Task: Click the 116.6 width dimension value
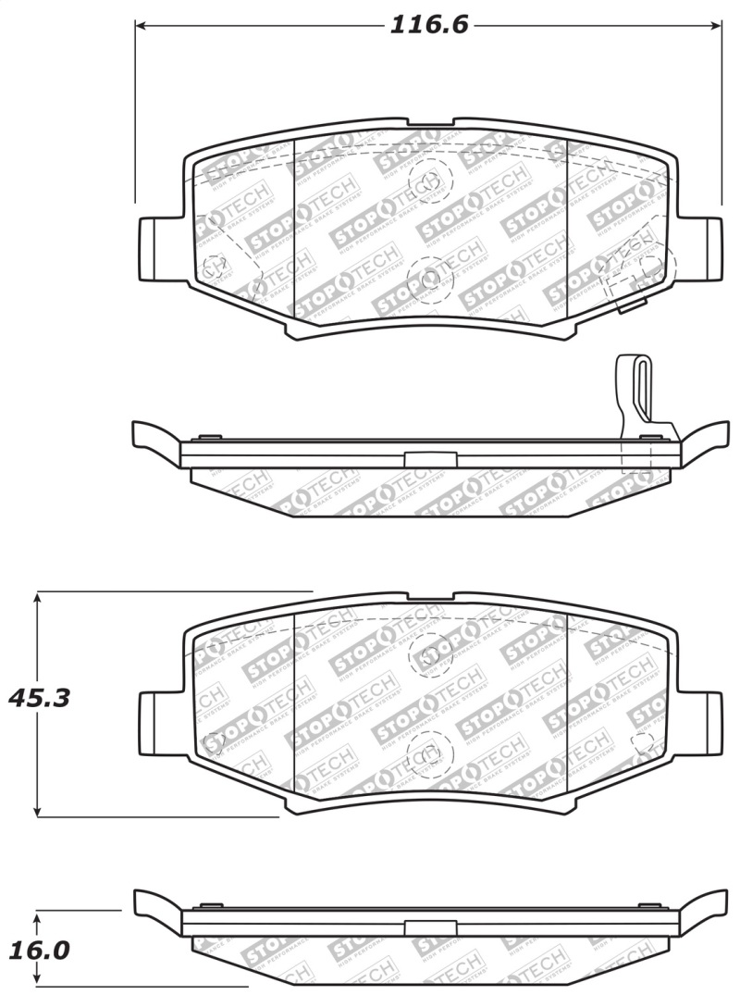(428, 25)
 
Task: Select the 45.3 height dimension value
(39, 697)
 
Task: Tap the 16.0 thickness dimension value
(39, 951)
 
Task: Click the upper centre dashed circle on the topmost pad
(428, 179)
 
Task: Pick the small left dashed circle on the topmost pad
(214, 267)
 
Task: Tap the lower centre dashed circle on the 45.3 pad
(428, 751)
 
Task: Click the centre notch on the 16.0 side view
(424, 928)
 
